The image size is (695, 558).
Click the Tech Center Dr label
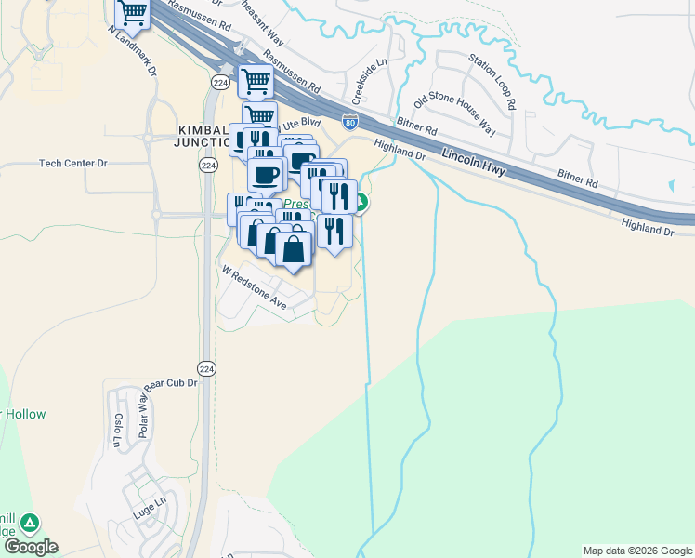click(73, 164)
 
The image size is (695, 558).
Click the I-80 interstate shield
click(349, 121)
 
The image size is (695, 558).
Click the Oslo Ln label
click(118, 430)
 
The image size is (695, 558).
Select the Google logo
click(30, 547)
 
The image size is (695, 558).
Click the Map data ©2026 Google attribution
click(636, 551)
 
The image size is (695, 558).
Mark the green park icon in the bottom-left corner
click(31, 524)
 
